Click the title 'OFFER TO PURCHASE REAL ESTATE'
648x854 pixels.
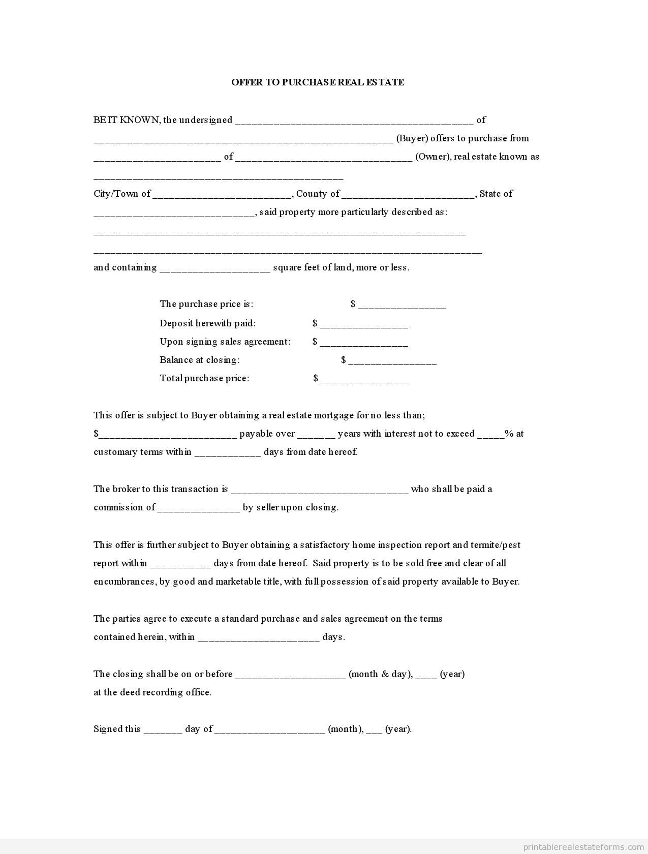(318, 82)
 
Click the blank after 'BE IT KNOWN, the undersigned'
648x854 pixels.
(354, 121)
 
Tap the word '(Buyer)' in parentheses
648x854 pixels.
(412, 138)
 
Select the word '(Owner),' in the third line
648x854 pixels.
(433, 157)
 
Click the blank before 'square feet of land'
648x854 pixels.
(215, 268)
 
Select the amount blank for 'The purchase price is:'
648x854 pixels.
(402, 305)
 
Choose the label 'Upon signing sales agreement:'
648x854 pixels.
(225, 342)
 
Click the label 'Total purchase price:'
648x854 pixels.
(204, 378)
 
